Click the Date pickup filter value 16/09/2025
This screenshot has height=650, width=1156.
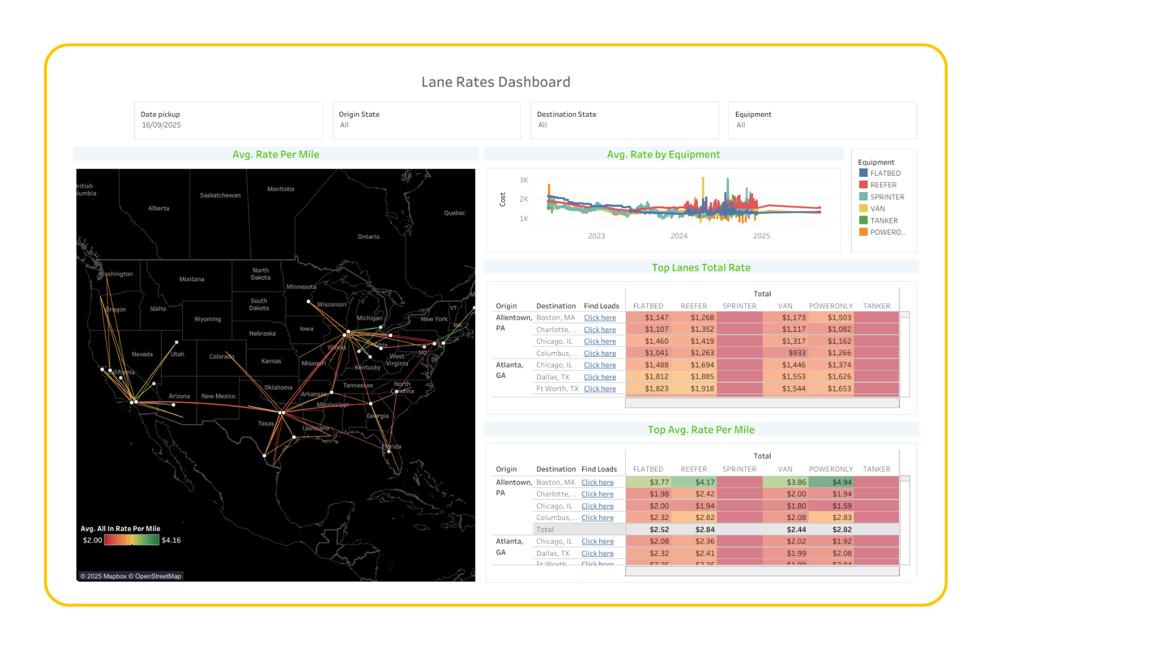coord(161,125)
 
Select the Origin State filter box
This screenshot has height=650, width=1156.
coord(426,120)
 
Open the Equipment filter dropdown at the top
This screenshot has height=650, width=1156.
coord(822,120)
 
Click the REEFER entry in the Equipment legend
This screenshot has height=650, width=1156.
coord(883,185)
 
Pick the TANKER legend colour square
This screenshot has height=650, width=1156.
coord(863,220)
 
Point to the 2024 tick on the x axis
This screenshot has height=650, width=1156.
coord(679,236)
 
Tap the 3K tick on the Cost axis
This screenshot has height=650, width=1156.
coord(523,180)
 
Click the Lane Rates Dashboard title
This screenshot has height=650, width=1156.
coord(496,82)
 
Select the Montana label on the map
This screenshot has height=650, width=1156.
coord(191,279)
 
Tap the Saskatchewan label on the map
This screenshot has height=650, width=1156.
coord(220,196)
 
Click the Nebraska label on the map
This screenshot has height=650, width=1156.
coord(263,333)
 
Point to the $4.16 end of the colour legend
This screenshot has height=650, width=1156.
coord(171,540)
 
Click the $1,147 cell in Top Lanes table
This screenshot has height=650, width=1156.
coord(656,318)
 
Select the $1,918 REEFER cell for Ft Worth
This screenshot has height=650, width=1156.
coord(702,389)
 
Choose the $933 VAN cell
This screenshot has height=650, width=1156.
coord(797,353)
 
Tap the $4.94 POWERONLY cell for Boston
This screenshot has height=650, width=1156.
coord(842,482)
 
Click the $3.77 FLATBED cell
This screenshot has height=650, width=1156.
coord(659,482)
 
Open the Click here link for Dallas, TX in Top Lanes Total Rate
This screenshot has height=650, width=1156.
coord(600,377)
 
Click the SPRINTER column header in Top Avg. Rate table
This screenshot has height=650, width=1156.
coord(739,469)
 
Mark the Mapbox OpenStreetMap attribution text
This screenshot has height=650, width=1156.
coord(131,577)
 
